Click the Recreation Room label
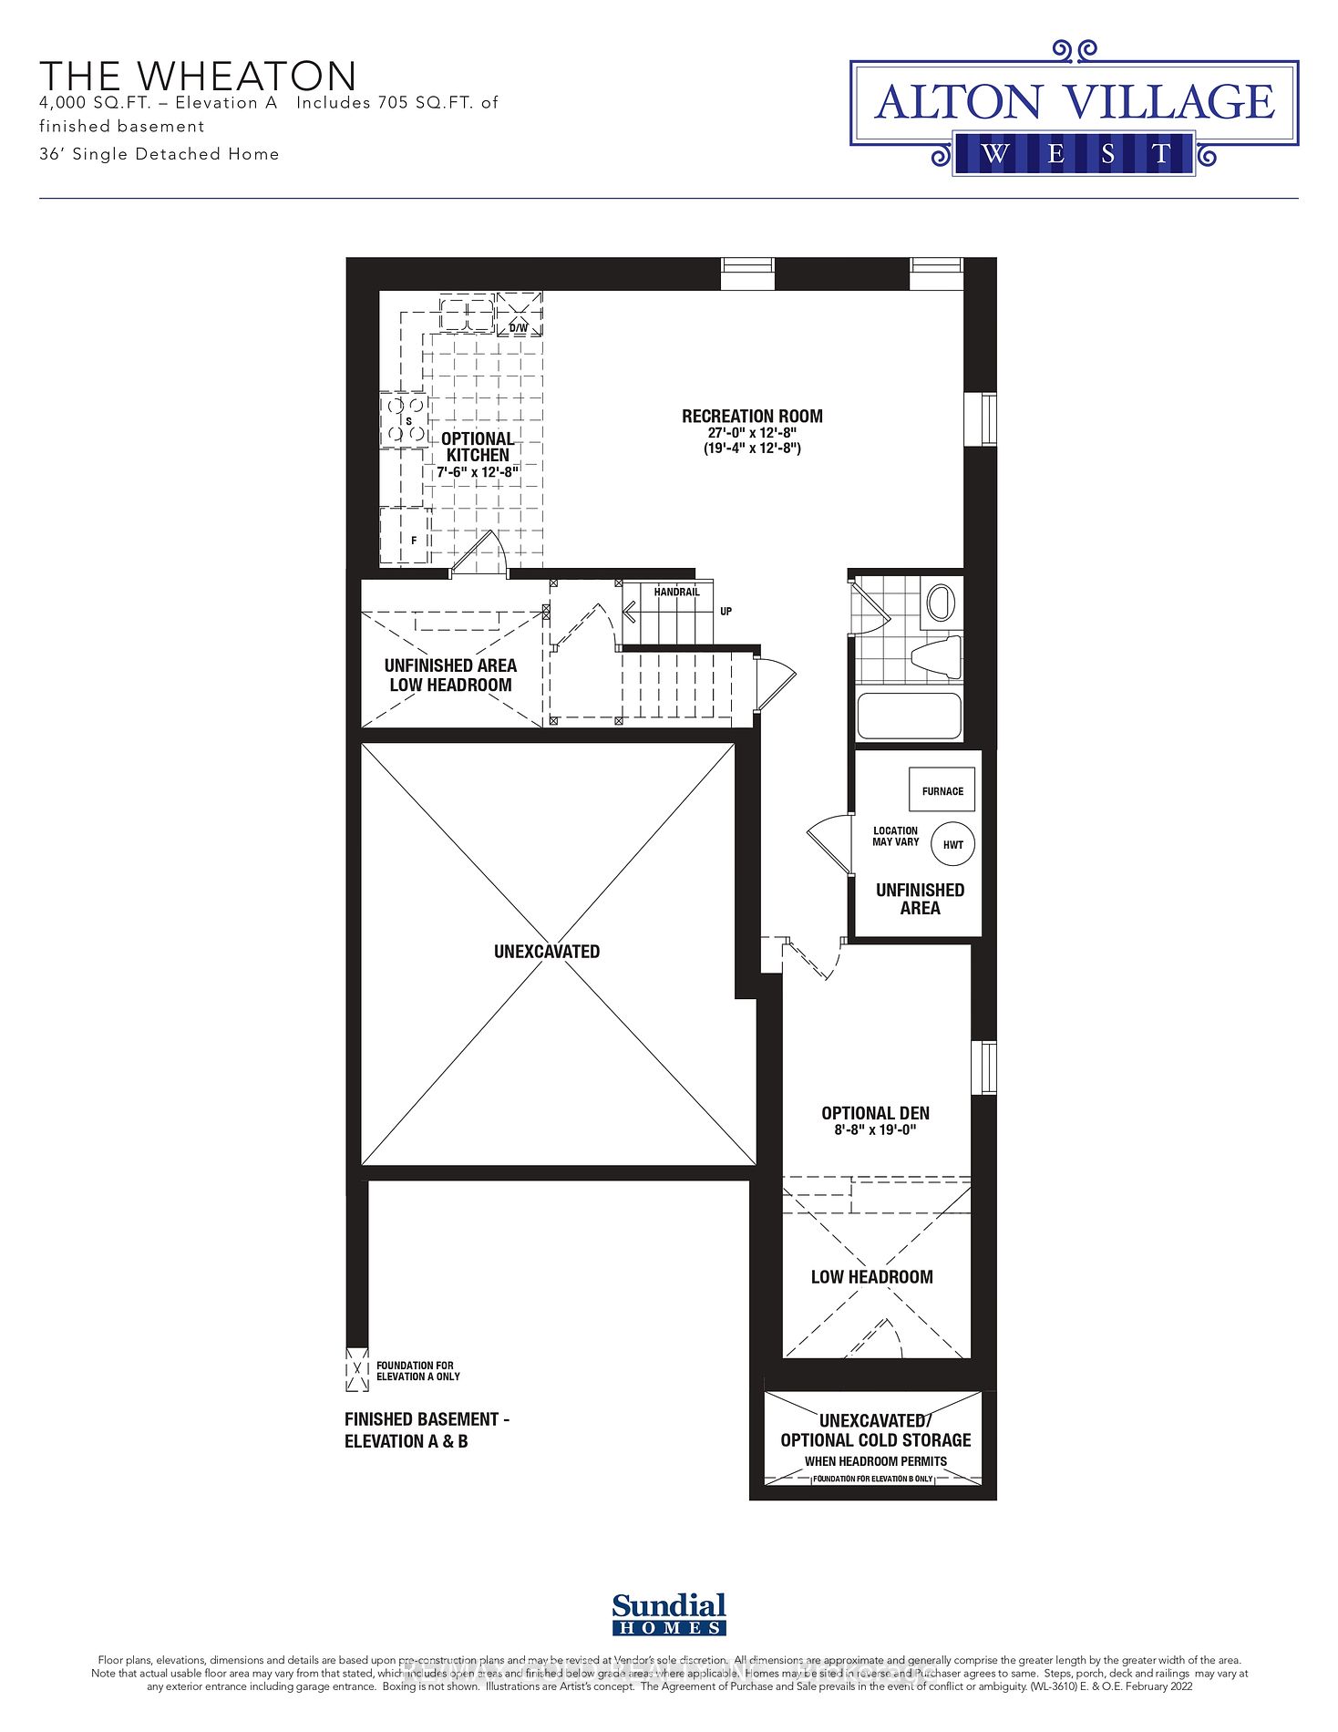coord(752,417)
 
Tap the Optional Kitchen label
coord(478,447)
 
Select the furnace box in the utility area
coord(942,790)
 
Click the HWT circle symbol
coord(952,844)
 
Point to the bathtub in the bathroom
coord(909,717)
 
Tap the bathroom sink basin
coord(939,603)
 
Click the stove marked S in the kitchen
coord(404,421)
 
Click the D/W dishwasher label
coord(518,328)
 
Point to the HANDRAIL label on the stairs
coord(676,593)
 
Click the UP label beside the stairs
coord(726,612)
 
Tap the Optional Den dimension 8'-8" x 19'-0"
coord(875,1130)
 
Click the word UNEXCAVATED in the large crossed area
coord(547,952)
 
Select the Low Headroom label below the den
coord(871,1277)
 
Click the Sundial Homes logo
coord(669,1614)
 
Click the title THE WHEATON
coord(198,76)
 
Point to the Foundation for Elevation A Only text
coord(417,1371)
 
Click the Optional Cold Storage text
coord(875,1440)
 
